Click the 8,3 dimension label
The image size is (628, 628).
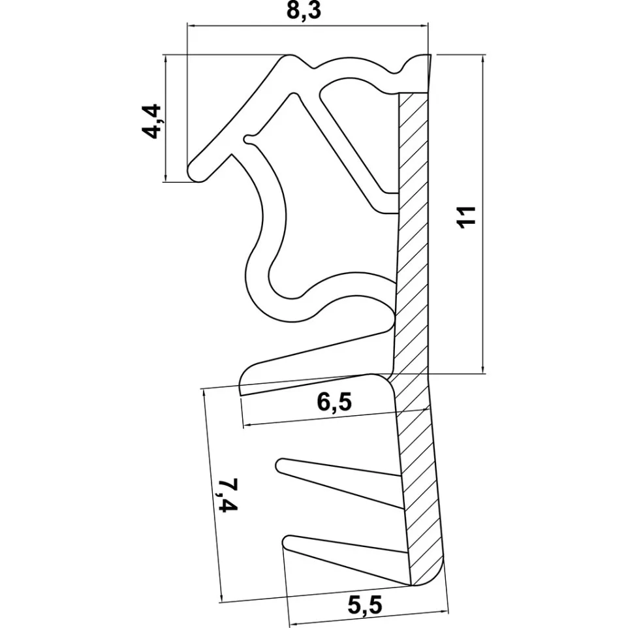coord(304,11)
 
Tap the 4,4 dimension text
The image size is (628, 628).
coord(152,121)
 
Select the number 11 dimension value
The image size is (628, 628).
coord(467,217)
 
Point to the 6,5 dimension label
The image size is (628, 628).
coord(334,402)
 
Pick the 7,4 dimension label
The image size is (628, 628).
coord(228,495)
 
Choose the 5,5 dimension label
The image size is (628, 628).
coord(365,604)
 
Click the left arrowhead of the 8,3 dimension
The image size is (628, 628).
coord(191,26)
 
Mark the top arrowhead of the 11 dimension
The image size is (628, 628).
coord(484,59)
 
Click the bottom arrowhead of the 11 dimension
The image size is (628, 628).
coord(484,369)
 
